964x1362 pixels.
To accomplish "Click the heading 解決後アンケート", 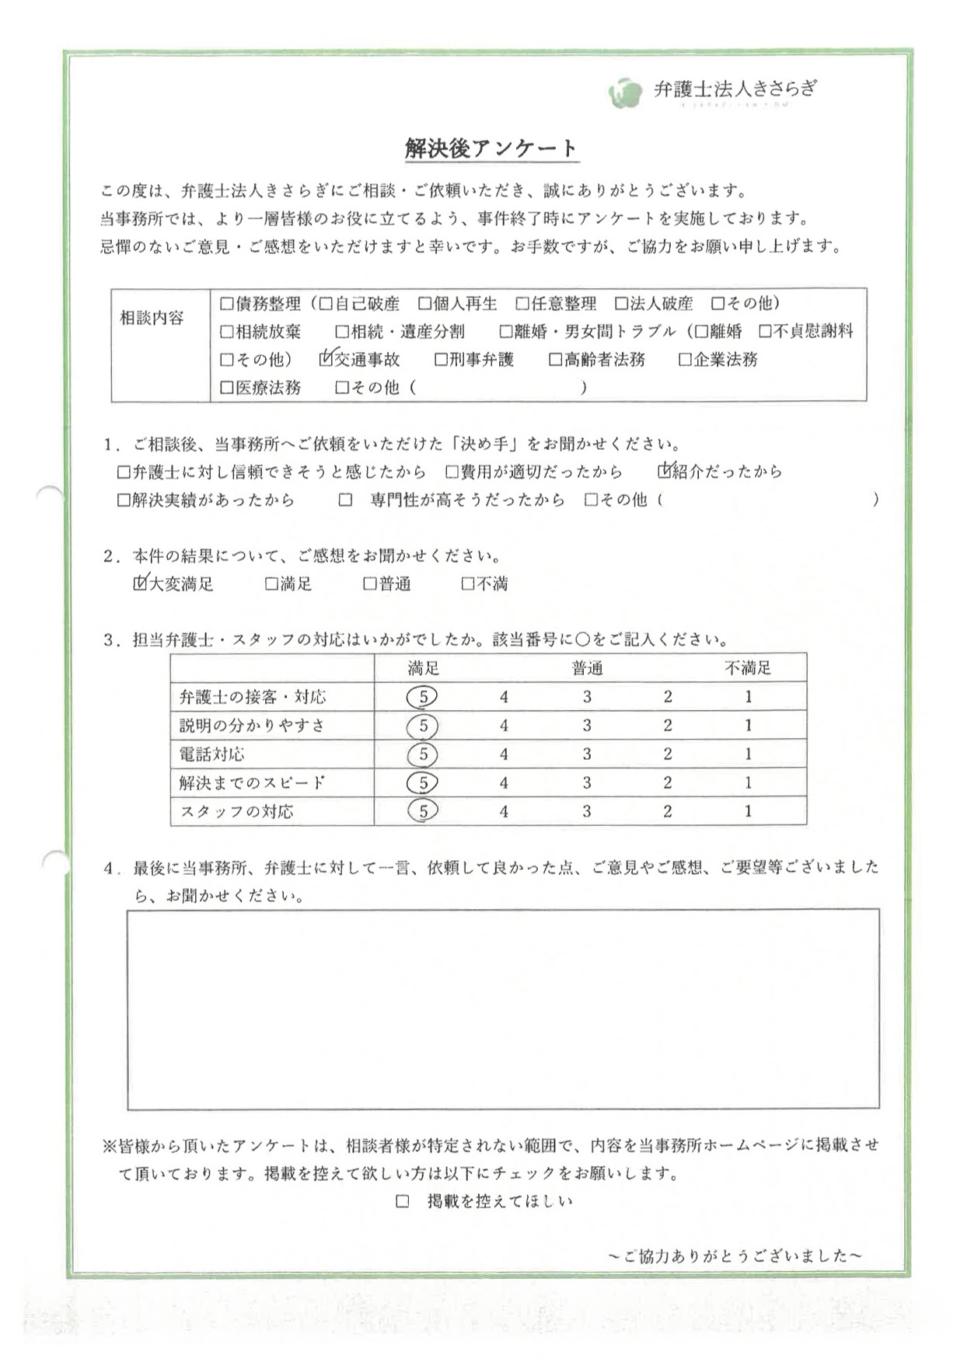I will [x=491, y=148].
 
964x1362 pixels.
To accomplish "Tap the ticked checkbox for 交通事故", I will [x=327, y=359].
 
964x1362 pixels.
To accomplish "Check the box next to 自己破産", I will [x=326, y=303].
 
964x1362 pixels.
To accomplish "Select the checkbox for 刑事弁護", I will [x=441, y=359].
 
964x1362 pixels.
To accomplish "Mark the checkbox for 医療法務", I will [x=226, y=387].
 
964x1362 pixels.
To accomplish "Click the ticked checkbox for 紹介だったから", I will [x=664, y=471].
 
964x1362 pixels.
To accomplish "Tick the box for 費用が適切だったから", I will [x=452, y=472].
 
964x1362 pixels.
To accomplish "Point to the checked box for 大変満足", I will [x=140, y=583].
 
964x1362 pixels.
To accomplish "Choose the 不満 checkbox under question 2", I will [x=467, y=583].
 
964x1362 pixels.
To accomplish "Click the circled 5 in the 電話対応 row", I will [x=423, y=754].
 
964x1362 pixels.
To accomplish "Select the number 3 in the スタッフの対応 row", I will [x=586, y=811].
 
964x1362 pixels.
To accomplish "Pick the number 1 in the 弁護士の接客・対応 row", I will [x=748, y=697].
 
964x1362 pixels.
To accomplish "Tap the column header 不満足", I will [x=748, y=667].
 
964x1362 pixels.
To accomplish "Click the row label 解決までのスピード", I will [x=252, y=782].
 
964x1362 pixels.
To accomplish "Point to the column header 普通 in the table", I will [x=587, y=667].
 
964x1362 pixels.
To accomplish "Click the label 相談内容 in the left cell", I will [x=152, y=318].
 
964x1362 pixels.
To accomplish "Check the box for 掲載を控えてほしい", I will [x=402, y=1201].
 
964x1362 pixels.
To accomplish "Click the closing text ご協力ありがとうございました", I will [x=734, y=1256].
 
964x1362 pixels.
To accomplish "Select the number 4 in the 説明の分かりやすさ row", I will [x=504, y=726].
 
